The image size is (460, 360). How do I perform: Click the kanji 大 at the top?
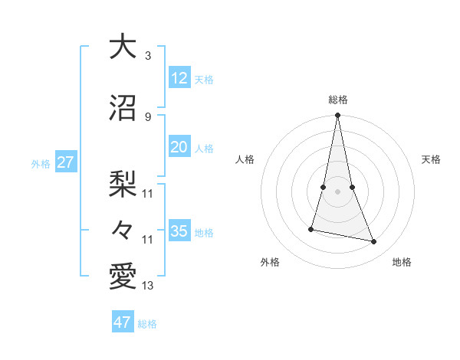(123, 47)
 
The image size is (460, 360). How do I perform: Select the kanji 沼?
(123, 107)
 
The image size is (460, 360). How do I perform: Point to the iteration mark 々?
(123, 229)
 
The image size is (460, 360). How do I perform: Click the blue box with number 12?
(179, 79)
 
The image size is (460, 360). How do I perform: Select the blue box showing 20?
(179, 148)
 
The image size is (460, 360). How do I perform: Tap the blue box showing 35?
(179, 231)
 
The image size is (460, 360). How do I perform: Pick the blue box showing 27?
(65, 162)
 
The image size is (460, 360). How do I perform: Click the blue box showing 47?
(123, 322)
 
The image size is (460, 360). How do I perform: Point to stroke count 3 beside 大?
(148, 56)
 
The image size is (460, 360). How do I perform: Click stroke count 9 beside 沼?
(148, 116)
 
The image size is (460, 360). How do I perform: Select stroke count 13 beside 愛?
(148, 286)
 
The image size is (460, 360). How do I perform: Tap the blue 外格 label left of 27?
(41, 163)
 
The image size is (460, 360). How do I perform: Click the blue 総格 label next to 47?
(147, 324)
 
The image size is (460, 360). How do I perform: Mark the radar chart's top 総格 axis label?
(337, 100)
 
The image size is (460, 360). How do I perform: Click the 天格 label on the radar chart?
(431, 159)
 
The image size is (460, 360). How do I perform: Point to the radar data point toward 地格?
(374, 242)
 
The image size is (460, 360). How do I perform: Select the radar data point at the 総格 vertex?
(337, 116)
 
